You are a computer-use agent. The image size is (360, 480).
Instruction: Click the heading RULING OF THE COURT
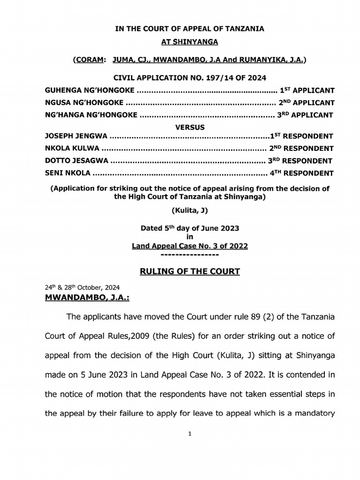pos(190,271)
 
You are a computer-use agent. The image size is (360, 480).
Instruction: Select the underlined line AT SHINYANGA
pos(190,42)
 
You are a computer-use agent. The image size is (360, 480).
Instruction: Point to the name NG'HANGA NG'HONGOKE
pos(90,114)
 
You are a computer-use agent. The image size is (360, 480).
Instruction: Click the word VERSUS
pos(190,126)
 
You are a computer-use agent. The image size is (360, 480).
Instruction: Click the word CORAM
pos(87,60)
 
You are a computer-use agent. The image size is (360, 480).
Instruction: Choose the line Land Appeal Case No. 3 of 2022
pos(190,246)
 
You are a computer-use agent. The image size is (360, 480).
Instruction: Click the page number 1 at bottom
pos(190,434)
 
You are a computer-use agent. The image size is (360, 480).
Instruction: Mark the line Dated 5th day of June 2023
pos(190,228)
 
